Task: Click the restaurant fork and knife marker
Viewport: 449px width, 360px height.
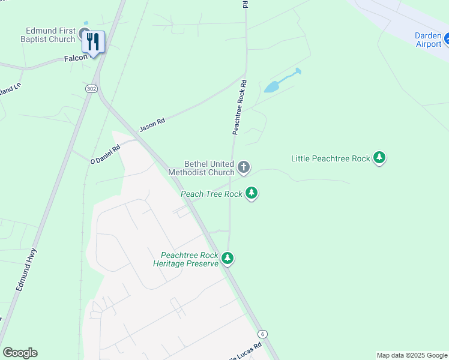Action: pyautogui.click(x=93, y=41)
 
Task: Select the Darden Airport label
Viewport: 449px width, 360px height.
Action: pyautogui.click(x=428, y=39)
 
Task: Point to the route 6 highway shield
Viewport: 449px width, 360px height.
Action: pyautogui.click(x=262, y=334)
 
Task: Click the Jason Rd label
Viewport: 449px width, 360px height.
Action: pyautogui.click(x=152, y=125)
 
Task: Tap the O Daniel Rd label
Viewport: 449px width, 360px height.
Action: pyautogui.click(x=105, y=154)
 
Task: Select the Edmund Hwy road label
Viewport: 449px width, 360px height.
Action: pyautogui.click(x=27, y=271)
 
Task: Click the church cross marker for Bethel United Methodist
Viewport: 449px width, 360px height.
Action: pyautogui.click(x=243, y=167)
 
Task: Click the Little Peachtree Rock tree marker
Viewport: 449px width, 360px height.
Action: pyautogui.click(x=379, y=158)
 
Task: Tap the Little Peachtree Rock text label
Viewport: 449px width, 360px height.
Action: pyautogui.click(x=330, y=158)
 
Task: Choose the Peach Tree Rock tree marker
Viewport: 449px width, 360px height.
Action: pyautogui.click(x=252, y=193)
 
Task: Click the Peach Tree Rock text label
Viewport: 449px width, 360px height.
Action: pyautogui.click(x=211, y=194)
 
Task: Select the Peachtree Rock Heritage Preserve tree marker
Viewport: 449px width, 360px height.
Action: pyautogui.click(x=227, y=258)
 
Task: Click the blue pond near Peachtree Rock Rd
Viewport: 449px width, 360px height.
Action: pyautogui.click(x=273, y=86)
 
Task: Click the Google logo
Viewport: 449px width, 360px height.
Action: pyautogui.click(x=20, y=353)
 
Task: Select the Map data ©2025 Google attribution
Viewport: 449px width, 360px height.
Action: pyautogui.click(x=412, y=355)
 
